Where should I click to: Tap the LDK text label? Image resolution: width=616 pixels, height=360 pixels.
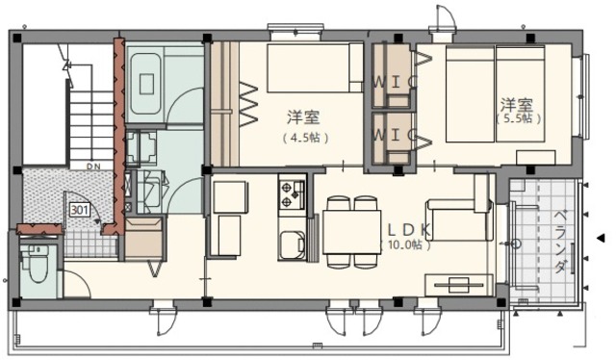click(x=410, y=230)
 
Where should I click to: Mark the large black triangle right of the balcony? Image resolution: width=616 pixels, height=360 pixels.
click(x=601, y=238)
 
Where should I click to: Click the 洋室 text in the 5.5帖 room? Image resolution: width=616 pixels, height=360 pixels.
click(x=517, y=103)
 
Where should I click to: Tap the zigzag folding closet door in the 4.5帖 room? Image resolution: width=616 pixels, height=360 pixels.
click(x=247, y=103)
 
